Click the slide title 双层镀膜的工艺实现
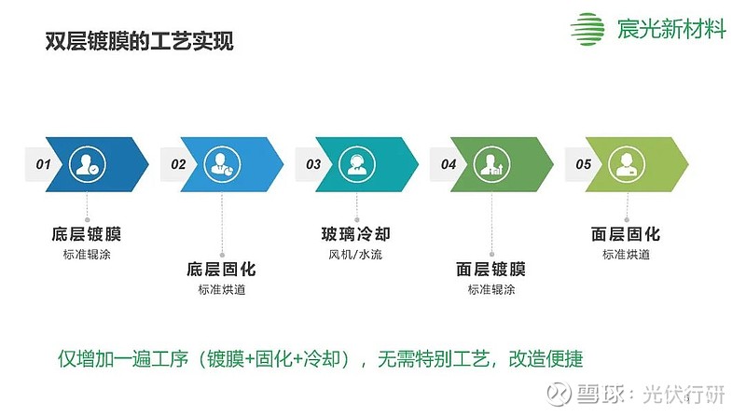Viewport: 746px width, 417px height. tap(139, 41)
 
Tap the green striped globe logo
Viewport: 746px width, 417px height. tap(587, 29)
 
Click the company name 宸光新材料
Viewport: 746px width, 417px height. tap(671, 29)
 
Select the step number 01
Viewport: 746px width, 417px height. tap(43, 164)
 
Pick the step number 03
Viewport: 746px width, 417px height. tap(313, 164)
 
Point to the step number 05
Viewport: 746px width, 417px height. tap(583, 164)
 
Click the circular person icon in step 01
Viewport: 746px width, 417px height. tap(87, 164)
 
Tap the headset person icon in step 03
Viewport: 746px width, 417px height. tap(357, 164)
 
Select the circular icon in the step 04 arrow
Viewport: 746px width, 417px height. tap(491, 164)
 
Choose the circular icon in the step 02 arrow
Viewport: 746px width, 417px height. tap(222, 164)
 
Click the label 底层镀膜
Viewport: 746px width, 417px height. tap(87, 234)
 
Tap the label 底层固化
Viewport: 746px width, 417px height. tap(221, 270)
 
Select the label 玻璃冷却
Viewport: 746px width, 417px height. tap(356, 234)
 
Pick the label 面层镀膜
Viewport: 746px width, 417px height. tap(491, 270)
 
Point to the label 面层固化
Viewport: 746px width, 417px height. tap(626, 234)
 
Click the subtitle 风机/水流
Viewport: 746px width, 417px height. tap(355, 255)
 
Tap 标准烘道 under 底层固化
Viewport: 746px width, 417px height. tap(222, 289)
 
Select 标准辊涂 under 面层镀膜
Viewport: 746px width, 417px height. tap(491, 289)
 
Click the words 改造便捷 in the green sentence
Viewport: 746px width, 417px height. tap(546, 359)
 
